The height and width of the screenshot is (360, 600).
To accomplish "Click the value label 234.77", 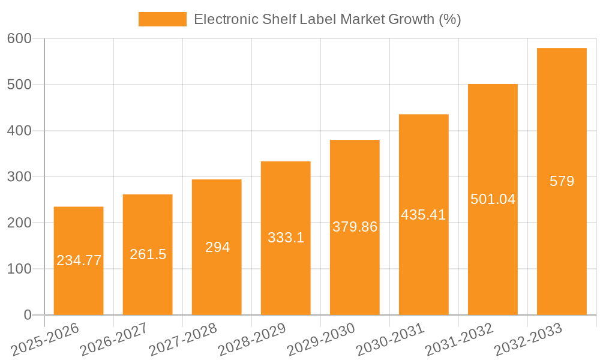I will coord(79,260).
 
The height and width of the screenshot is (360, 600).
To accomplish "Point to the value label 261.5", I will coord(148,254).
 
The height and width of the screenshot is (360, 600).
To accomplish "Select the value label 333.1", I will coord(286,238).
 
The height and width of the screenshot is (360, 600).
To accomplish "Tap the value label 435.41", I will coord(424,215).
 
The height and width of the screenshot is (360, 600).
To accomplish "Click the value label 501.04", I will coord(493,199).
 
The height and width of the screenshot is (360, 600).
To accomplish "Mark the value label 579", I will coord(562,181).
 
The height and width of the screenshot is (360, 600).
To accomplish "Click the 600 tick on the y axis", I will coord(19,38).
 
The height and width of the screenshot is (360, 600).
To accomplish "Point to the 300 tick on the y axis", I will coord(19,177).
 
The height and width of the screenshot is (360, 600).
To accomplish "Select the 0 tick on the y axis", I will coord(28,315).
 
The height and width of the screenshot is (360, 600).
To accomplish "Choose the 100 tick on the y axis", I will coord(19,269).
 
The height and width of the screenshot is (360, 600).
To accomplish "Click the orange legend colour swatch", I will coord(162,19).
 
